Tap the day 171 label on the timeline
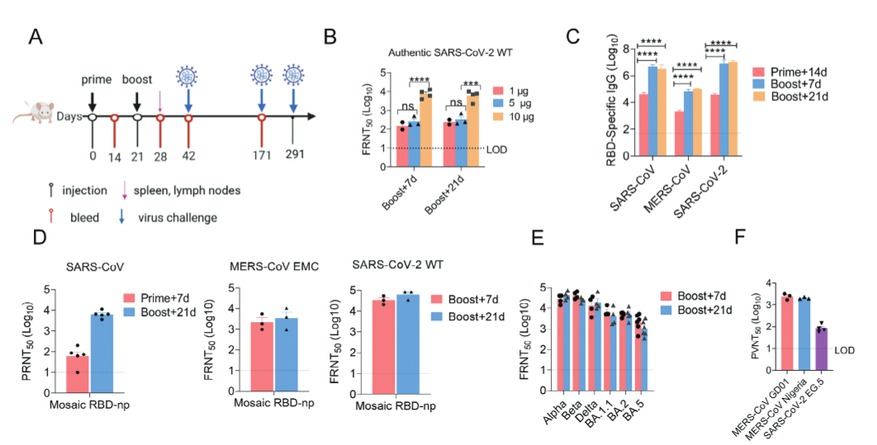click(261, 154)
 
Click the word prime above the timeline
click(95, 79)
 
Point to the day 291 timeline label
click(293, 154)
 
